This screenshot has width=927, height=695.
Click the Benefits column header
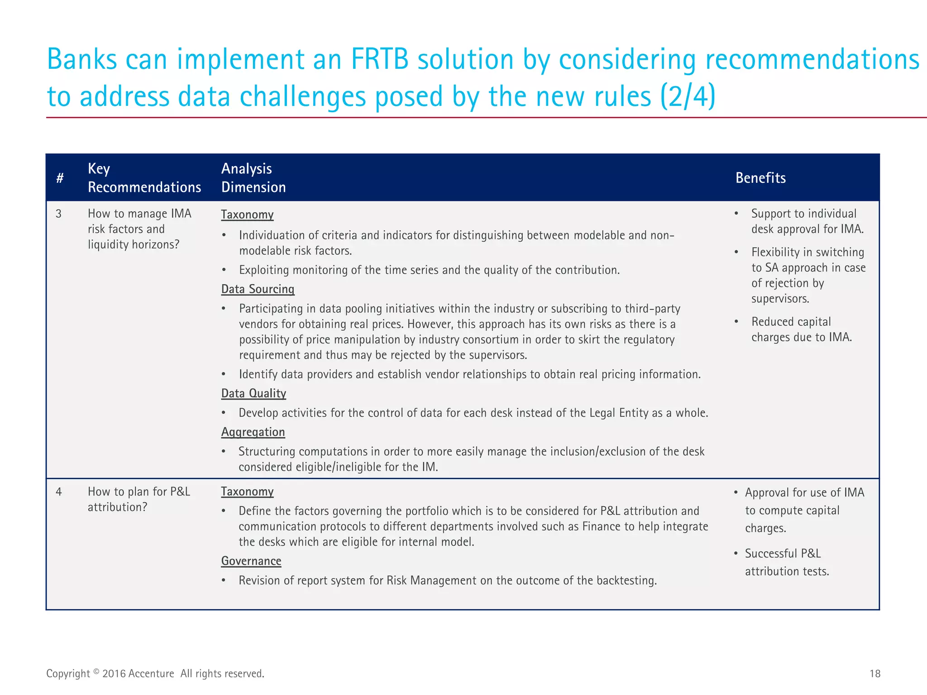pos(760,178)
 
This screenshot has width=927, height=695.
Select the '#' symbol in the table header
pos(60,178)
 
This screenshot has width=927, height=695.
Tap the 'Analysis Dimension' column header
pos(253,178)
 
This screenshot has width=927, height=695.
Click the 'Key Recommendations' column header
pos(144,178)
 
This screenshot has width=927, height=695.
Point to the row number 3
pos(58,214)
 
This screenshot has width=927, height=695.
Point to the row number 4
pos(58,491)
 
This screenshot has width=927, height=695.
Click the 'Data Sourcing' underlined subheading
pos(258,289)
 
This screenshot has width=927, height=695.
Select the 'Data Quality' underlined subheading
pos(253,393)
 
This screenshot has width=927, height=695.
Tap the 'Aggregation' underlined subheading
pos(253,432)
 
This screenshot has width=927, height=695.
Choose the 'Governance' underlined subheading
pos(251,561)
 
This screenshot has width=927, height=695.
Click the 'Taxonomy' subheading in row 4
pos(247,491)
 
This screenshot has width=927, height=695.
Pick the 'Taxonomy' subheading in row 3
pos(247,214)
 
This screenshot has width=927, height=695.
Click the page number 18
pos(875,674)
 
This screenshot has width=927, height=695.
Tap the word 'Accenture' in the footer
pos(151,674)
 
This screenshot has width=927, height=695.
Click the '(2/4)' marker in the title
pos(688,96)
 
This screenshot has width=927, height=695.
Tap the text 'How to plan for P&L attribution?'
pos(139,499)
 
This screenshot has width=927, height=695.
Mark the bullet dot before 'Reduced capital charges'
pos(736,322)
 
